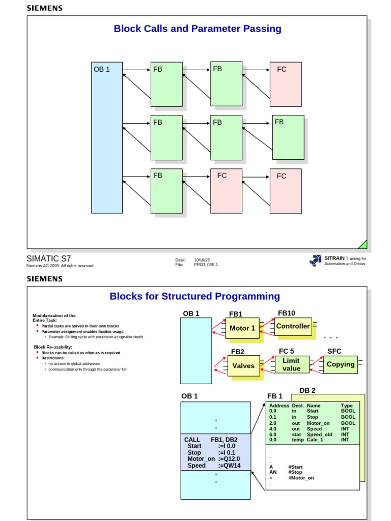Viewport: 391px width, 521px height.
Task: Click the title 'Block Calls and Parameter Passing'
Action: click(x=198, y=29)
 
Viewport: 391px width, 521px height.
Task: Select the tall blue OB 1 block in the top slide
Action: click(x=107, y=137)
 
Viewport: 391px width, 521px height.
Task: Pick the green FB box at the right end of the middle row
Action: click(x=288, y=137)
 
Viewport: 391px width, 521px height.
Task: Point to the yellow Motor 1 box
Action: click(x=242, y=328)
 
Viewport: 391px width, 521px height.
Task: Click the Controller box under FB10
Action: click(x=293, y=326)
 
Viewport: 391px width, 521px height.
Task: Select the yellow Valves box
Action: click(x=243, y=366)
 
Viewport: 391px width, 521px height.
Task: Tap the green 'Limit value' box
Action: click(x=292, y=364)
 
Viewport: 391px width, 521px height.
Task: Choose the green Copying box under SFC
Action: click(x=341, y=364)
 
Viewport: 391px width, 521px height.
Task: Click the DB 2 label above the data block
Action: click(x=307, y=390)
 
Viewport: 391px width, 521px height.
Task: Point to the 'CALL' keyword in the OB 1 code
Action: click(x=192, y=439)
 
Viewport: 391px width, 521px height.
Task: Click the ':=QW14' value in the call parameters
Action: click(x=228, y=466)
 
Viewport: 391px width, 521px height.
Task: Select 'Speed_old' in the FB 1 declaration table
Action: click(x=319, y=435)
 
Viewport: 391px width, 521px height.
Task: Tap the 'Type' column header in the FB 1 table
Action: click(x=347, y=406)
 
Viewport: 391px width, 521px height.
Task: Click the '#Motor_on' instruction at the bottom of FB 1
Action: click(x=301, y=478)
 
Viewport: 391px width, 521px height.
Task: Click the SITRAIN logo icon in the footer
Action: click(x=315, y=260)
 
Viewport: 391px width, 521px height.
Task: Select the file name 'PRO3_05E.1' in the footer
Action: click(x=206, y=265)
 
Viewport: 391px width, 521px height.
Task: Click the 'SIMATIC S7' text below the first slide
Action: click(x=49, y=258)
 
